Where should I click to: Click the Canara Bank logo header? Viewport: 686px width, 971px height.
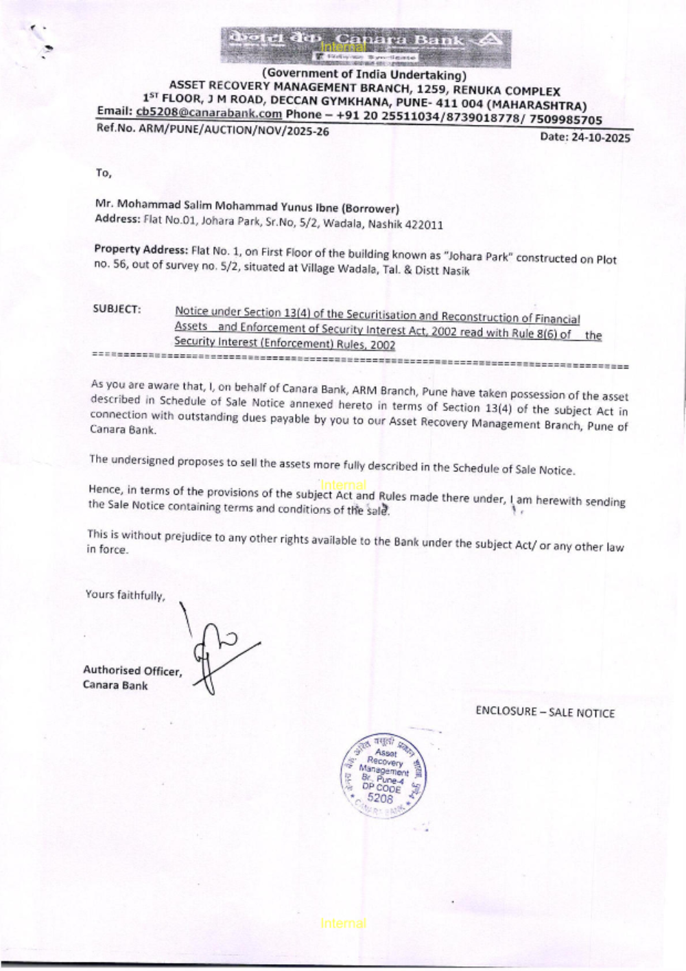click(366, 47)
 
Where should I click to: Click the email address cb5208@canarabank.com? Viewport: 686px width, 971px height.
click(209, 113)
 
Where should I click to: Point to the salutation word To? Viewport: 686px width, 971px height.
click(103, 172)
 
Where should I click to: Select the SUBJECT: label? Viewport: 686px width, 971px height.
click(117, 309)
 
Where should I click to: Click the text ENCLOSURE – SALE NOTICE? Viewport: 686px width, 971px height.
click(545, 712)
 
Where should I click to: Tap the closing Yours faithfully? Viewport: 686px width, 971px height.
click(125, 594)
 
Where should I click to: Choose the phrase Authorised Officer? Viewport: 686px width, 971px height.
click(132, 670)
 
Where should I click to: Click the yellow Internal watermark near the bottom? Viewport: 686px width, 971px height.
click(343, 923)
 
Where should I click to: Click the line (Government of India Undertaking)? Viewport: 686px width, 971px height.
click(364, 74)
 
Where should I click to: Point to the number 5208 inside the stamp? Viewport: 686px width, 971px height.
click(380, 798)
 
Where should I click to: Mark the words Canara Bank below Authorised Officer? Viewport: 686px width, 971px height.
click(115, 685)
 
